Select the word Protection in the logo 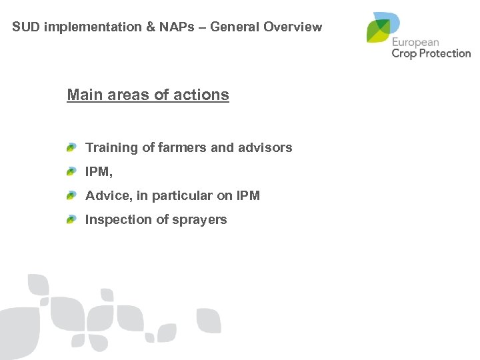[x=445, y=53]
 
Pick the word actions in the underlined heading [x=203, y=95]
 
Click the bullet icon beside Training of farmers [x=71, y=147]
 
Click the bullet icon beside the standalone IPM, [x=71, y=171]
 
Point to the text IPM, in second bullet [x=99, y=171]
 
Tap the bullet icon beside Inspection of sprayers [x=71, y=219]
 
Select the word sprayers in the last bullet [x=198, y=219]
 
